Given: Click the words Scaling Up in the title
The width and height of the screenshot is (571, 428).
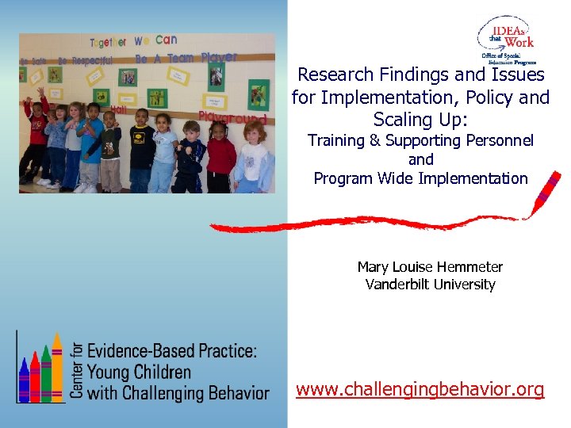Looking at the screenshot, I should pyautogui.click(x=420, y=120).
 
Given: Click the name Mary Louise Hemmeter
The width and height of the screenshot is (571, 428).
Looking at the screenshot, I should pyautogui.click(x=430, y=267).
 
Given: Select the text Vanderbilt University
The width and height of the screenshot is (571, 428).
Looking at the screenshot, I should pyautogui.click(x=430, y=285).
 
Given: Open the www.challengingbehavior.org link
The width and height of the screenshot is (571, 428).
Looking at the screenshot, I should pyautogui.click(x=420, y=389).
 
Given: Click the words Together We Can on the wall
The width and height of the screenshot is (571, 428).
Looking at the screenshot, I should pyautogui.click(x=132, y=41).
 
